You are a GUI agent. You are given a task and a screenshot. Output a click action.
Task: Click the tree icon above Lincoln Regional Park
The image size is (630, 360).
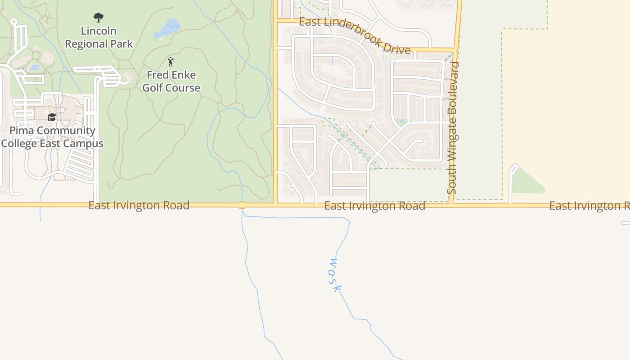[x=99, y=18]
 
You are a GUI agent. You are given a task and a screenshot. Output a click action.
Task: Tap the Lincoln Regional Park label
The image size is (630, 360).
[x=99, y=37]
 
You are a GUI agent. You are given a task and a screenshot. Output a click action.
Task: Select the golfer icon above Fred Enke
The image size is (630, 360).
[x=171, y=62]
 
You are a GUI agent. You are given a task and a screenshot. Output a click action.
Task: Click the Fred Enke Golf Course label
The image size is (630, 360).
[x=171, y=81]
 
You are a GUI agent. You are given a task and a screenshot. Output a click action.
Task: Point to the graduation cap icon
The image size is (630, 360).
[x=52, y=117]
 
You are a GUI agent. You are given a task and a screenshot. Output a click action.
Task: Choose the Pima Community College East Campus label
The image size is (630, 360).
[x=52, y=137]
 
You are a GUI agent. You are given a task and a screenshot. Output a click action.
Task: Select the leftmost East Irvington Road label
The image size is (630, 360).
[x=139, y=206]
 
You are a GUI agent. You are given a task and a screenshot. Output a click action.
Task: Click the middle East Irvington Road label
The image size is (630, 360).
[x=374, y=206]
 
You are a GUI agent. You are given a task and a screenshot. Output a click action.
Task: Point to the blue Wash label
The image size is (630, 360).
[x=334, y=275]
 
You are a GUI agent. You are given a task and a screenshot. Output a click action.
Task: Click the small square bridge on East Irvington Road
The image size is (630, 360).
[x=242, y=205]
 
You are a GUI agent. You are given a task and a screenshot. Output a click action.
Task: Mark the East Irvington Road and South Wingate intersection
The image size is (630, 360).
[x=451, y=205]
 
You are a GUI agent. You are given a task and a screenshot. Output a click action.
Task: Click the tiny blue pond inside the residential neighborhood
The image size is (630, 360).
[x=402, y=121]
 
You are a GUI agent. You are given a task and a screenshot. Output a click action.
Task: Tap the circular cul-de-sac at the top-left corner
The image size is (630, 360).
[x=13, y=21]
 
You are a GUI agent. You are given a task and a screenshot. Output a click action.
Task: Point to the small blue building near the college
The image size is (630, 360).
[x=34, y=67]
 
